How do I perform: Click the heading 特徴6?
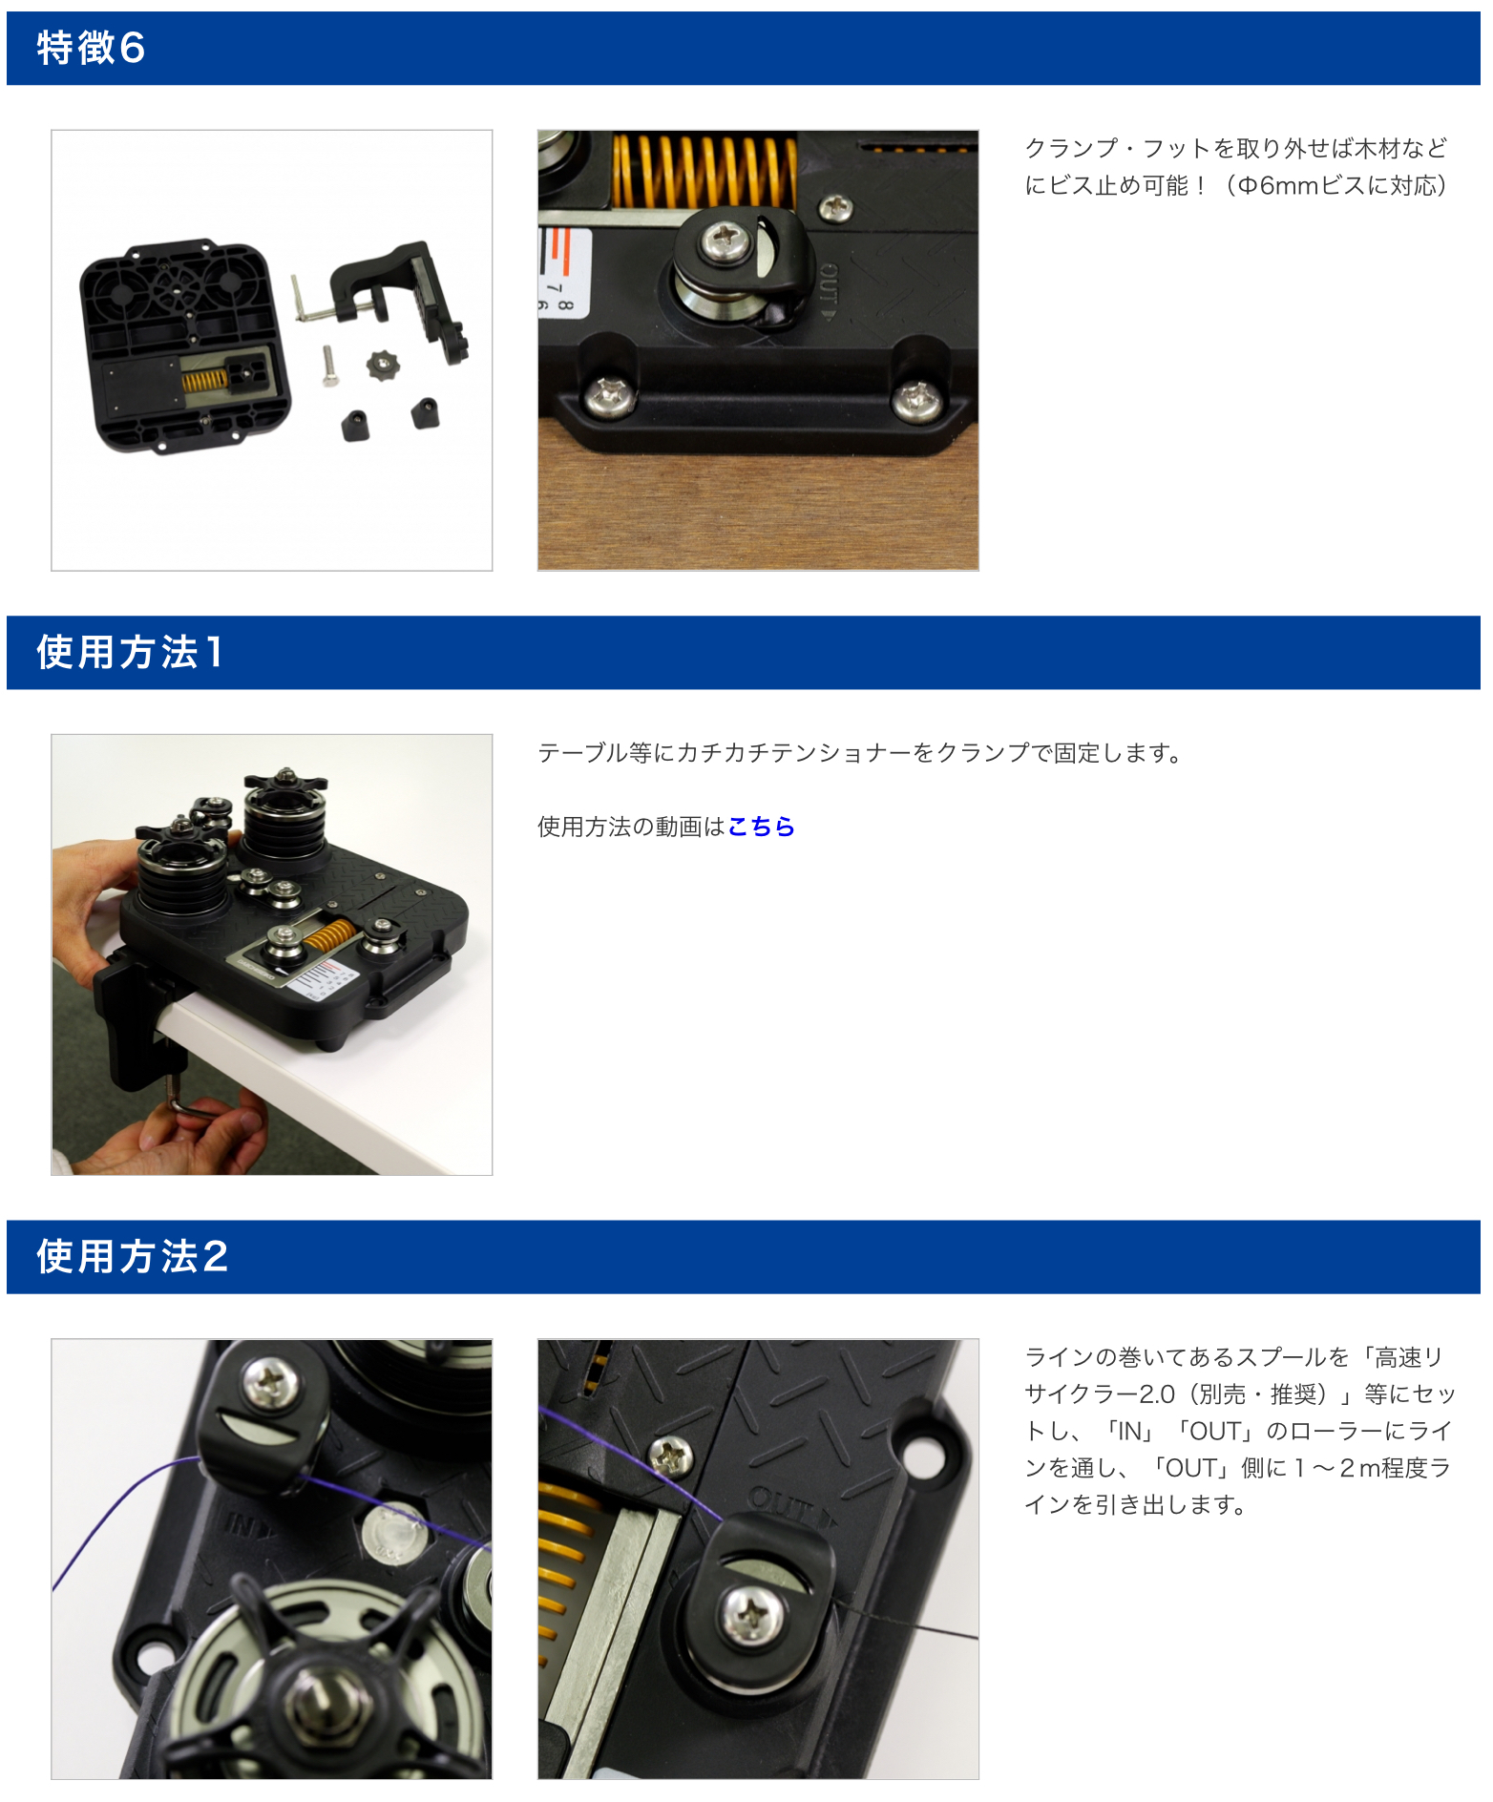[x=91, y=48]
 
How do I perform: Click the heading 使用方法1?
[x=129, y=653]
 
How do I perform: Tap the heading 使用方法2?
[x=132, y=1257]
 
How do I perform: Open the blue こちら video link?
[x=761, y=827]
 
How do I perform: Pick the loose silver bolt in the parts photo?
[x=329, y=366]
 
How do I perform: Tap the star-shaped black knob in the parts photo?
[x=383, y=364]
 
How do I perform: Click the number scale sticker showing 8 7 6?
[x=564, y=273]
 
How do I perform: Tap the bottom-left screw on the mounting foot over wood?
[x=609, y=394]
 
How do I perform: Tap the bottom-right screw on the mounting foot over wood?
[x=916, y=398]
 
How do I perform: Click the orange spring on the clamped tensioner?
[x=329, y=937]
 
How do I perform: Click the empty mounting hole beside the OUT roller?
[x=921, y=1455]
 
